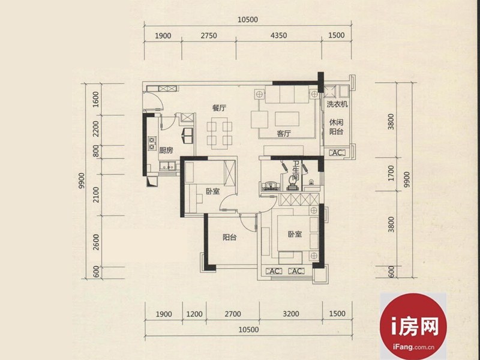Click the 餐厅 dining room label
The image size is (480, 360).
pyautogui.click(x=219, y=108)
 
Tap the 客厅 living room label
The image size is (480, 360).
pyautogui.click(x=284, y=133)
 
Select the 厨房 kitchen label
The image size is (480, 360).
pyautogui.click(x=166, y=151)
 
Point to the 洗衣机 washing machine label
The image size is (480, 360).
pyautogui.click(x=337, y=104)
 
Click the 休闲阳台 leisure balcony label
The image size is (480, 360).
pyautogui.click(x=336, y=127)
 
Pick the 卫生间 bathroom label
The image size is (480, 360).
pyautogui.click(x=295, y=170)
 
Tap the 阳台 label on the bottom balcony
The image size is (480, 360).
pyautogui.click(x=229, y=237)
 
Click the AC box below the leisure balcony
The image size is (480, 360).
pyautogui.click(x=337, y=152)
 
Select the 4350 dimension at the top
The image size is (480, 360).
pyautogui.click(x=278, y=35)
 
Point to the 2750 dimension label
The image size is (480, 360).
pyautogui.click(x=209, y=36)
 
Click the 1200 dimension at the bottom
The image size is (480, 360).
pyautogui.click(x=194, y=314)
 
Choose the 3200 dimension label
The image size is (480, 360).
pyautogui.click(x=291, y=314)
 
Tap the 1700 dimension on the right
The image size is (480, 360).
pyautogui.click(x=391, y=173)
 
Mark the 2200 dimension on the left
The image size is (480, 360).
pyautogui.click(x=96, y=129)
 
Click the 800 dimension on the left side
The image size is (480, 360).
pyautogui.click(x=96, y=151)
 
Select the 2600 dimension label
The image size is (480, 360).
pyautogui.click(x=96, y=242)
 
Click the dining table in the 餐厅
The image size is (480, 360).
pyautogui.click(x=219, y=133)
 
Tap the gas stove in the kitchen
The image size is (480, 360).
pyautogui.click(x=152, y=143)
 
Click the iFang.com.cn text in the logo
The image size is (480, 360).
pyautogui.click(x=413, y=347)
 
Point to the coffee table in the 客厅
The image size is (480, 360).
pyautogui.click(x=287, y=119)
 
